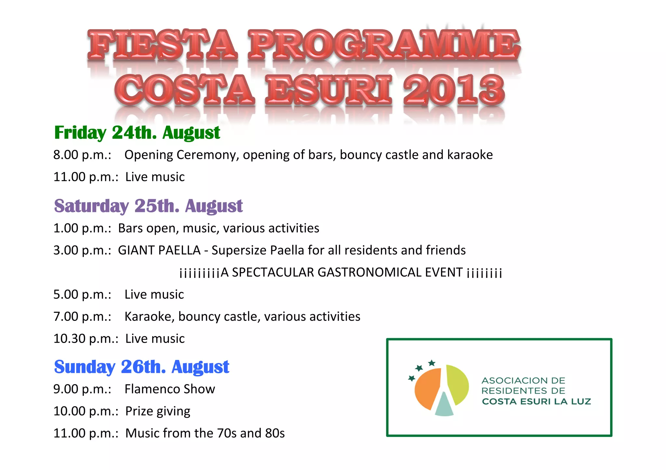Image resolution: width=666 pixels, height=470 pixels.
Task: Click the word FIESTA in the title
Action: [162, 44]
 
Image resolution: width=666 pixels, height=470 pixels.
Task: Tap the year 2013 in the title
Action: [454, 89]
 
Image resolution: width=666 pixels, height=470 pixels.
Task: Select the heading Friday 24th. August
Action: [137, 133]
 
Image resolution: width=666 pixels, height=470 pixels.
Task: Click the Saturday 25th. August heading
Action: [148, 206]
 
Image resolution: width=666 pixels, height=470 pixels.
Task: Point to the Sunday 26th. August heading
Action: [141, 367]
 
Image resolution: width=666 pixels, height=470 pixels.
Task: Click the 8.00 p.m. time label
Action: [82, 155]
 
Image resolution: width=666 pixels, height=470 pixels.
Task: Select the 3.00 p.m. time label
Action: [82, 250]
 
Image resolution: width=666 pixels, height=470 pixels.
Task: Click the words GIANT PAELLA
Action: [159, 250]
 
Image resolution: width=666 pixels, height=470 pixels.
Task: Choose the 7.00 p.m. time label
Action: [82, 317]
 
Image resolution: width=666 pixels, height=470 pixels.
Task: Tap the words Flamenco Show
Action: [170, 389]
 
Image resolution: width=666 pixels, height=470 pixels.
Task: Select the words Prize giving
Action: [158, 411]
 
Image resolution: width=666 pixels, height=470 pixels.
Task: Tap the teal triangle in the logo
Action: [444, 406]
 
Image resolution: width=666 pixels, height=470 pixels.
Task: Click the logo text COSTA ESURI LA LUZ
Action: [536, 402]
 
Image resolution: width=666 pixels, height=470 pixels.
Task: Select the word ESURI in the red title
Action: [329, 89]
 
